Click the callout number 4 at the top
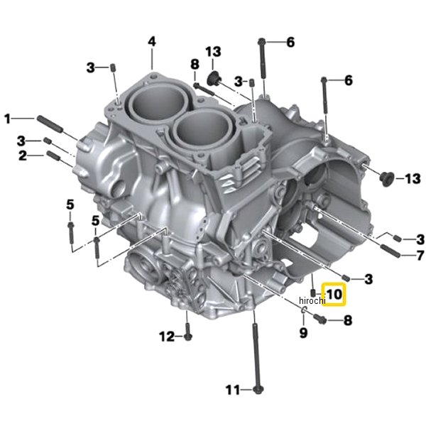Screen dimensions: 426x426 tap(152, 42)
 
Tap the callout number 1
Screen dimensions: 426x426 tap(8, 119)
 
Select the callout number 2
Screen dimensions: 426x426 tap(23, 155)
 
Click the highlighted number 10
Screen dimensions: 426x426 tap(334, 294)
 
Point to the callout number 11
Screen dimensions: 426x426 tap(233, 390)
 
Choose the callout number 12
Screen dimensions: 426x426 tap(167, 337)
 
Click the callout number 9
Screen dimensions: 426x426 tap(303, 332)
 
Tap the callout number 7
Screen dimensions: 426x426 tap(420, 256)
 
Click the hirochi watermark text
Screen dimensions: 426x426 tap(312, 300)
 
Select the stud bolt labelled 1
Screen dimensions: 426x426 tap(50, 124)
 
